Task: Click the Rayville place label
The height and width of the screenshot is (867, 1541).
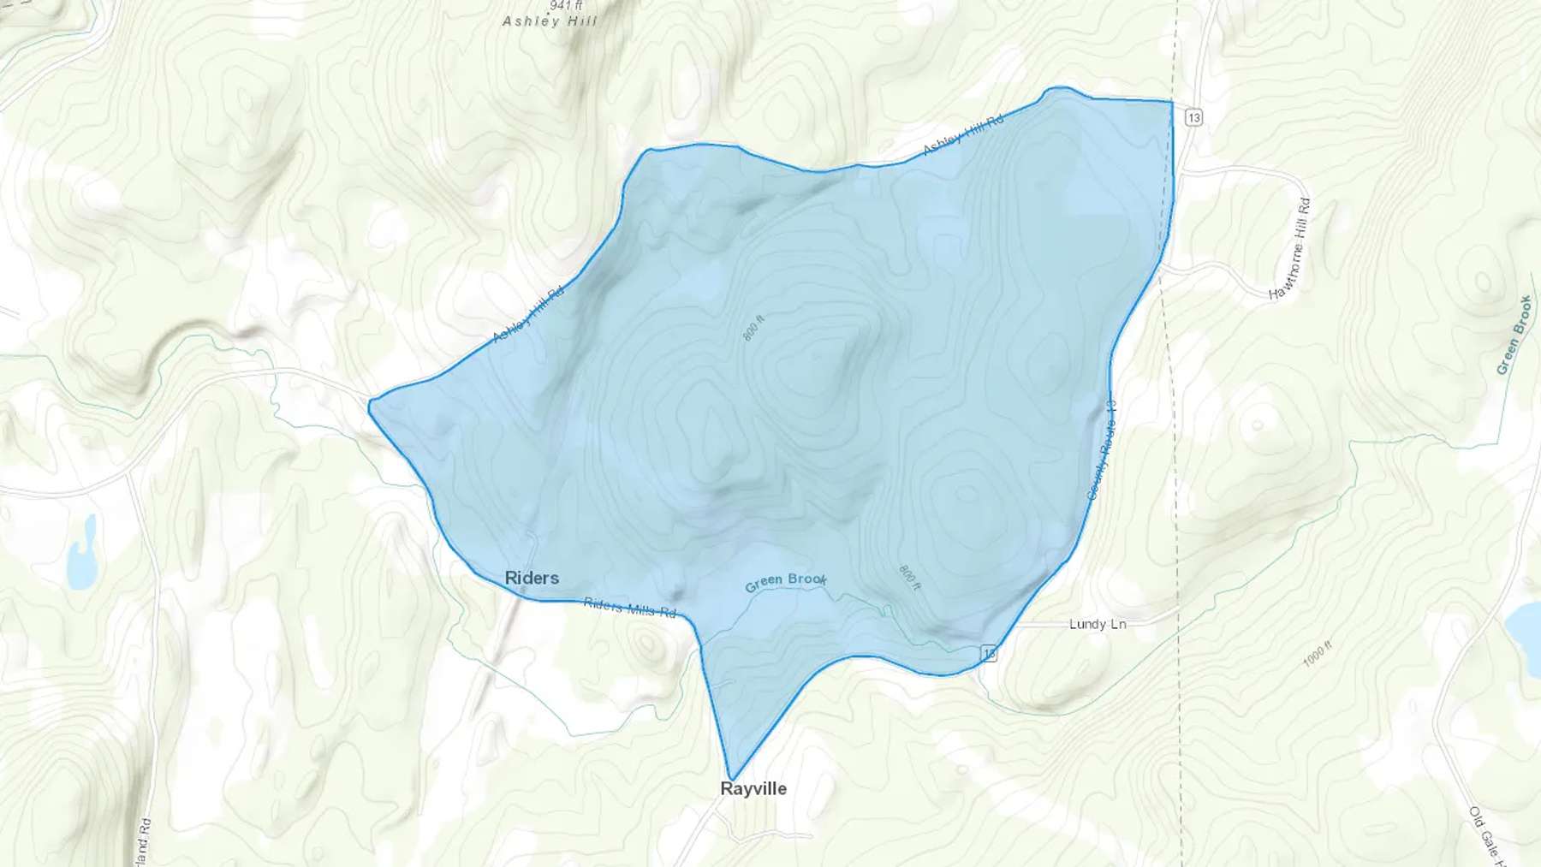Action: pyautogui.click(x=753, y=788)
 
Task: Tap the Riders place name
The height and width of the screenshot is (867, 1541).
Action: pyautogui.click(x=532, y=578)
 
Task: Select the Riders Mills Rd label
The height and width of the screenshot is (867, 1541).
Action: pyautogui.click(x=630, y=607)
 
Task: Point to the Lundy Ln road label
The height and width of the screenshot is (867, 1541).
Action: pyautogui.click(x=1098, y=624)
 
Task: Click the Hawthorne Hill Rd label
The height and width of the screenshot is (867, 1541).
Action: pyautogui.click(x=1290, y=249)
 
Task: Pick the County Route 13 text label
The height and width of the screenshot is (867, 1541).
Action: pyautogui.click(x=1102, y=449)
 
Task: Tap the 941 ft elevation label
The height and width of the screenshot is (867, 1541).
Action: pyautogui.click(x=567, y=5)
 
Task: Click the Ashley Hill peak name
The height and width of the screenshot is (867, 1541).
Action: pyautogui.click(x=550, y=21)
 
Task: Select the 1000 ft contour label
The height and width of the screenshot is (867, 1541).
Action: pyautogui.click(x=1318, y=654)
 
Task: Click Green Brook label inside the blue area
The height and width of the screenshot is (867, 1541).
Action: pyautogui.click(x=785, y=582)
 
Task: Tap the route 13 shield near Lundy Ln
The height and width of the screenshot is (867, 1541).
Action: pyautogui.click(x=990, y=653)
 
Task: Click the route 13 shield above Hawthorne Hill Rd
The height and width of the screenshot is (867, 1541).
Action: pyautogui.click(x=1194, y=117)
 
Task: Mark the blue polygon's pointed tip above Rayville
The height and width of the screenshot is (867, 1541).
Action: pyautogui.click(x=732, y=779)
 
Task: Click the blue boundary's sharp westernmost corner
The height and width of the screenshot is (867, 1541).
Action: pyautogui.click(x=369, y=405)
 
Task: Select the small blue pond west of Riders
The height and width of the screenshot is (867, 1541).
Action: pyautogui.click(x=82, y=555)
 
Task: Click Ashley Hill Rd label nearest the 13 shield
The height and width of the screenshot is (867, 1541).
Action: pyautogui.click(x=963, y=135)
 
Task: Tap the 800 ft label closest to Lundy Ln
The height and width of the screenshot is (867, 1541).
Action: pyautogui.click(x=909, y=577)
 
